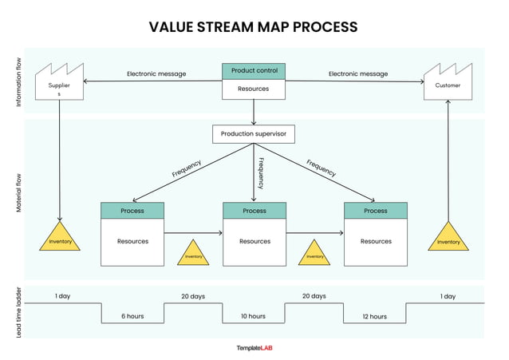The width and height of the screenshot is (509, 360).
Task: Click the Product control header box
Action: coord(254,71)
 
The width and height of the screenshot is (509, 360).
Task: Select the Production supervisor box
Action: coord(254,133)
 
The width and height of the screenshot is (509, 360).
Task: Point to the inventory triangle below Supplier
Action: coord(60,239)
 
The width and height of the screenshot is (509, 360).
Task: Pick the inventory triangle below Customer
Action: coord(448,239)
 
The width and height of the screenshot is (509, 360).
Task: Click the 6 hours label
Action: coord(132,316)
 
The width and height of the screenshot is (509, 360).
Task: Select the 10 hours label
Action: coord(254,316)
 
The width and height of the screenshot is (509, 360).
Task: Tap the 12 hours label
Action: coord(375,316)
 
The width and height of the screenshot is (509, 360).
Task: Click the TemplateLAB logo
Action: coord(254,348)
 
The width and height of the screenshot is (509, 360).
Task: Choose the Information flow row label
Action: coord(19,81)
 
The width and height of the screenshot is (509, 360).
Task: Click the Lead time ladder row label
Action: coord(19,312)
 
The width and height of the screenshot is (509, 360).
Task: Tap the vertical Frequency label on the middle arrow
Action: coord(260,172)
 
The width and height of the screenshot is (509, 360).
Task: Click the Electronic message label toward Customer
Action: coord(358,74)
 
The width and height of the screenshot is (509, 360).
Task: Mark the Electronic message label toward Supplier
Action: coord(156,74)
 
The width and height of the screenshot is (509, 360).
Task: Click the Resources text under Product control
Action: coord(254,89)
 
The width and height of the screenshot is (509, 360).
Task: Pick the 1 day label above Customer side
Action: coord(448,296)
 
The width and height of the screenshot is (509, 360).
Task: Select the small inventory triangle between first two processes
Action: coord(194,255)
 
